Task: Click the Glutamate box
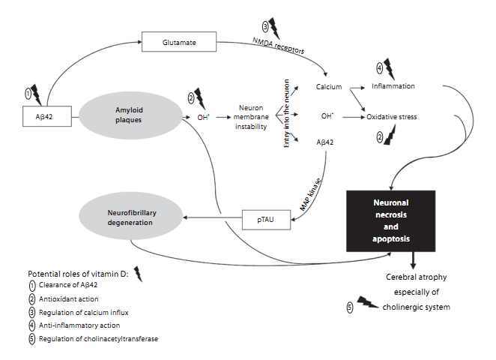tap(179, 42)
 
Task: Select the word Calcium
tap(329, 86)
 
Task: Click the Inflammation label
tap(393, 86)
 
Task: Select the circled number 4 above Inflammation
tap(379, 67)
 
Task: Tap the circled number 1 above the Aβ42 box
tap(28, 94)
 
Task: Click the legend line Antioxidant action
tap(73, 299)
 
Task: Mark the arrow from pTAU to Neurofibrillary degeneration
tap(211, 218)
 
